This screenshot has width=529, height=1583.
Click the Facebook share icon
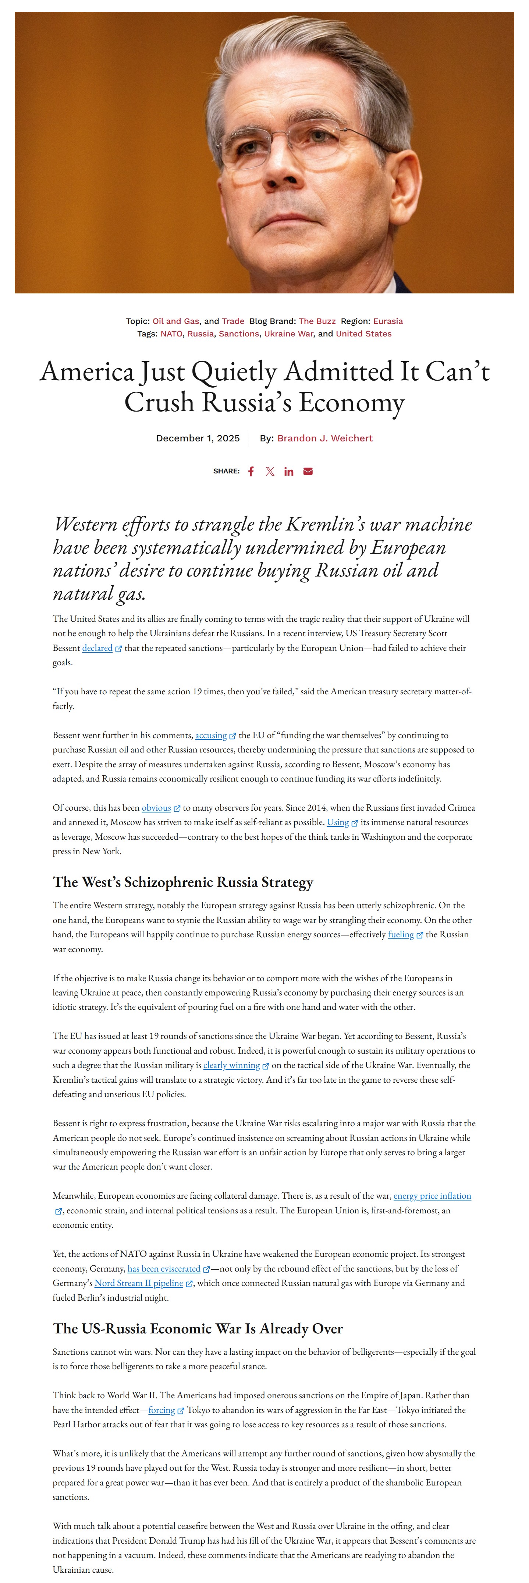click(251, 471)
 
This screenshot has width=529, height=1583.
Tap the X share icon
click(270, 471)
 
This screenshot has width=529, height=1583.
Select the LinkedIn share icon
click(289, 471)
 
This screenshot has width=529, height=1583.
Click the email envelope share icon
click(308, 471)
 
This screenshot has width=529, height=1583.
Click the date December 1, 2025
click(198, 438)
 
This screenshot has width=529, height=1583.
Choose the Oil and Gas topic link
click(176, 321)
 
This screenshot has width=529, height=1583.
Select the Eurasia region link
click(388, 321)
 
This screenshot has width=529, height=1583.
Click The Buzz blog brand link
click(317, 321)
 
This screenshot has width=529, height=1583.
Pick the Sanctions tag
click(239, 334)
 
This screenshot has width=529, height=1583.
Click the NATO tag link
click(171, 334)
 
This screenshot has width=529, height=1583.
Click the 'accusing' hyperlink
click(211, 735)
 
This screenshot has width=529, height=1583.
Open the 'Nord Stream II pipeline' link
click(139, 1283)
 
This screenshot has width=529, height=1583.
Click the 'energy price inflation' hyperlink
click(432, 1196)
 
